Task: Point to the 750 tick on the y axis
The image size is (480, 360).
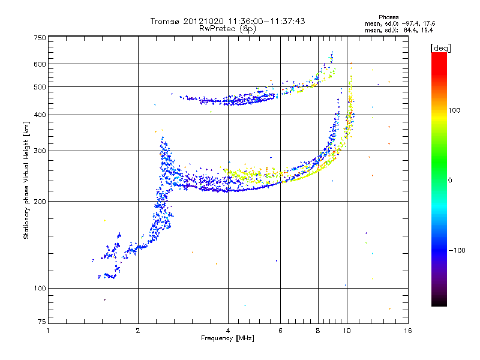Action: [x=40, y=38]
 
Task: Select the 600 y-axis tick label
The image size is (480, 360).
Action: [x=40, y=64]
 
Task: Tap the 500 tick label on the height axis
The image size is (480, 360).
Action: [x=40, y=87]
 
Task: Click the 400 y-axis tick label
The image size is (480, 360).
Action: [x=40, y=115]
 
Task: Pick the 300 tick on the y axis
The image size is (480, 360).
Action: [x=40, y=150]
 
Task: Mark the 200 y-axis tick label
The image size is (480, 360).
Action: [x=40, y=201]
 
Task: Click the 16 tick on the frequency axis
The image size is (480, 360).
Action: [x=407, y=331]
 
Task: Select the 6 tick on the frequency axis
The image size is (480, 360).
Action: [x=280, y=331]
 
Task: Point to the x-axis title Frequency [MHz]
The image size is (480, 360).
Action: [x=227, y=338]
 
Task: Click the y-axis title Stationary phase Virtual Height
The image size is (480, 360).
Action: [x=26, y=180]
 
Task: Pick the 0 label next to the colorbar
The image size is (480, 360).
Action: [x=450, y=180]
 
